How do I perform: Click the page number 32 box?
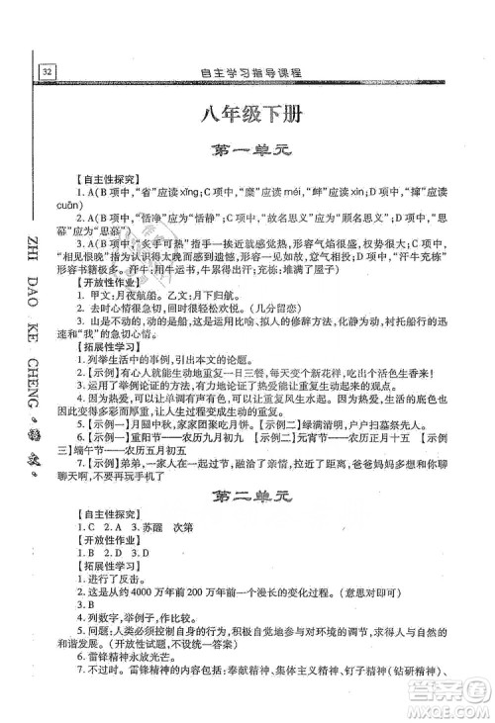pyautogui.click(x=48, y=72)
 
